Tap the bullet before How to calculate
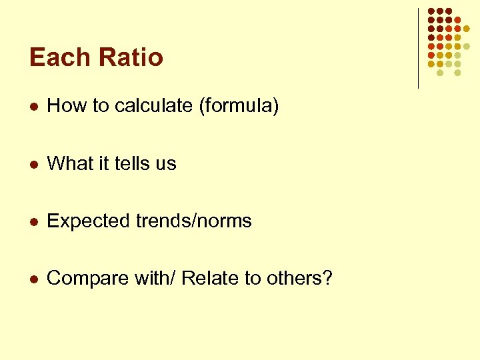point(35,106)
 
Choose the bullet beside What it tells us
point(35,164)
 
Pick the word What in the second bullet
point(70,163)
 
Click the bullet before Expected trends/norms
point(35,221)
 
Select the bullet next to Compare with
point(35,279)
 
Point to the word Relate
point(210,279)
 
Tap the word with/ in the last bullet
point(154,279)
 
